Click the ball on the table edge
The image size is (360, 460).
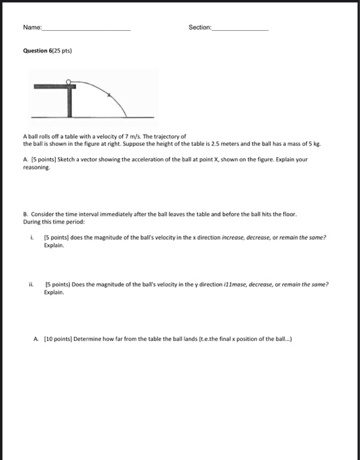[78, 82]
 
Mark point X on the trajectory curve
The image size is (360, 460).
[109, 95]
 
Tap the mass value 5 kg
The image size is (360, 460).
[317, 143]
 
